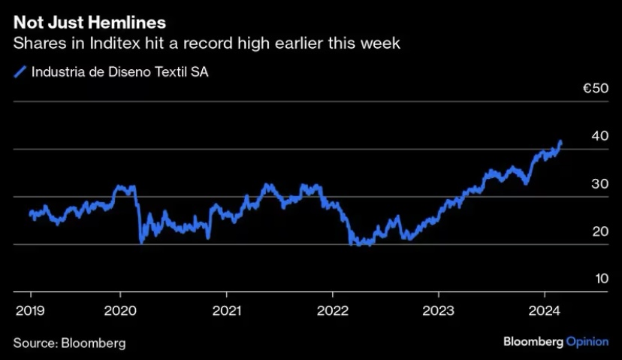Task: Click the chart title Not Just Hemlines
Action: coord(89,23)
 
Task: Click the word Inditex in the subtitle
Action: coord(115,43)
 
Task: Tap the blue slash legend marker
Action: coord(20,72)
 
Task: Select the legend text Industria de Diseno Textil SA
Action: coord(119,72)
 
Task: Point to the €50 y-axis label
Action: coord(596,88)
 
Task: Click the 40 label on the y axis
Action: coord(599,136)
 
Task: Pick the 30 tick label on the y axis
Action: coord(599,184)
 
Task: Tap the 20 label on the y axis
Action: coord(600,231)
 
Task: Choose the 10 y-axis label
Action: coord(602,279)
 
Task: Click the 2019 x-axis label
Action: coord(30,310)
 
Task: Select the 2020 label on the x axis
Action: coord(120,310)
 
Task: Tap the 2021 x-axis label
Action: coord(227,310)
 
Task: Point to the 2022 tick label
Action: coord(333,310)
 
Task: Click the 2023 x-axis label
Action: coord(439,310)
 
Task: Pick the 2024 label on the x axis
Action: coord(544,310)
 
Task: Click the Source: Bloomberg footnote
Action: coord(69,343)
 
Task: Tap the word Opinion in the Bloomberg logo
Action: coord(587,342)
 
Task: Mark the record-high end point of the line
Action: coord(560,142)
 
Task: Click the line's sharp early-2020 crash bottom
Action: coord(142,242)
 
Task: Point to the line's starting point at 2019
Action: coord(31,213)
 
